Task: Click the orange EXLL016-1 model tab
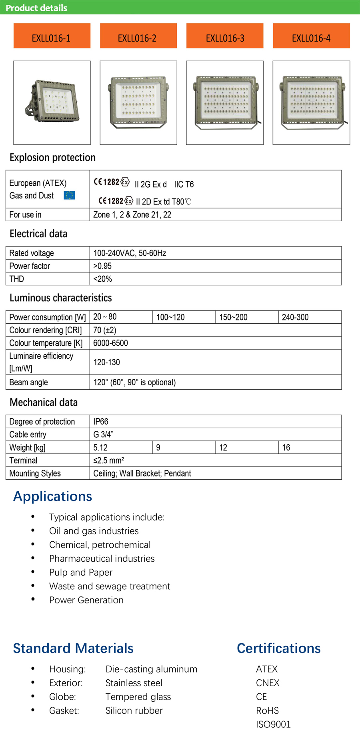52,36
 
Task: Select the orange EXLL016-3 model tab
225,36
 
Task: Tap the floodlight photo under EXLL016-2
138,102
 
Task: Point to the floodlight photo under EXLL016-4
311,102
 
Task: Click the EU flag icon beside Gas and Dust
69,195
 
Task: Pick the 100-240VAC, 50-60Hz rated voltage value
130,253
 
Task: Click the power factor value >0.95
102,266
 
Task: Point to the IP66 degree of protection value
101,422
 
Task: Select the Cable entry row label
28,435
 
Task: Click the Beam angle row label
29,383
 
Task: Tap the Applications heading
53,496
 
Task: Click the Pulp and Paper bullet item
81,573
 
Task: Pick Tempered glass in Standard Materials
138,697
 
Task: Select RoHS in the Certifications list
267,711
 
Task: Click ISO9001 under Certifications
273,724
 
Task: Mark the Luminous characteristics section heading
61,298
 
